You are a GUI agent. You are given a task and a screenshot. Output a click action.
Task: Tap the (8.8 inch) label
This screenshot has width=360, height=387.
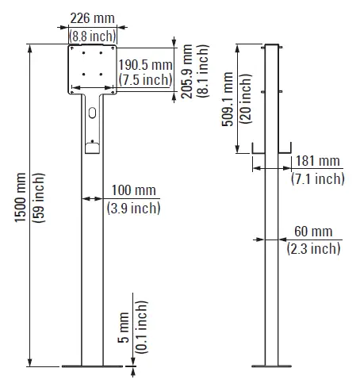pos(93,36)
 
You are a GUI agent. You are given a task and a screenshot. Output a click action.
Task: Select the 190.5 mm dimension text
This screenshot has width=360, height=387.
pos(145,64)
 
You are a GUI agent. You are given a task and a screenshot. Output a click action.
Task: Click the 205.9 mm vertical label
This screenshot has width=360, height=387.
pos(186,68)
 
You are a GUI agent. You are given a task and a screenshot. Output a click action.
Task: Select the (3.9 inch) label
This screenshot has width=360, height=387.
pos(132,208)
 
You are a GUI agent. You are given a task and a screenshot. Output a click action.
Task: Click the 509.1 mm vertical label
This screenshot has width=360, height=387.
pos(228,98)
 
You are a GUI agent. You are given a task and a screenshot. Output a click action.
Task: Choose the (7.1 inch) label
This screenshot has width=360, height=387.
pos(318,178)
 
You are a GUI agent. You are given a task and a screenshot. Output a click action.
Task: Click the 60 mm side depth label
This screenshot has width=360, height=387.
pos(313,232)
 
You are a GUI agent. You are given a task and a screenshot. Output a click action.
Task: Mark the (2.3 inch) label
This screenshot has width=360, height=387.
pos(313,248)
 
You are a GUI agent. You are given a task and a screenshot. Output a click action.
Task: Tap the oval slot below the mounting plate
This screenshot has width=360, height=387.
pos(93,113)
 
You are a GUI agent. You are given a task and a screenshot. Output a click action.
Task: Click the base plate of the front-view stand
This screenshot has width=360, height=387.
pos(92,366)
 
